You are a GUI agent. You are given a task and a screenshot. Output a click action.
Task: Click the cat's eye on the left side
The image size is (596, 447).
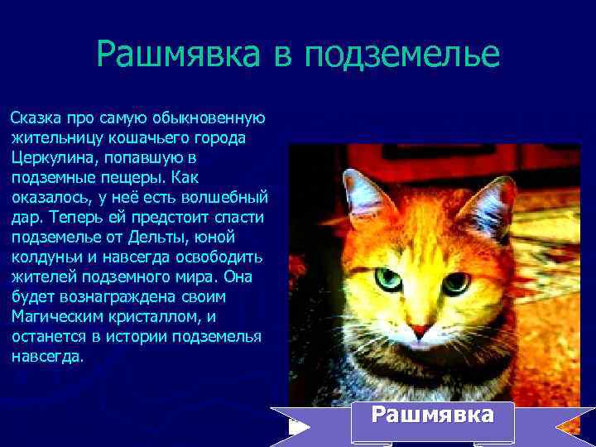(387, 279)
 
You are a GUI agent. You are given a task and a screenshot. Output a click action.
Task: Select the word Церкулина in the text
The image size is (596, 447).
(49, 156)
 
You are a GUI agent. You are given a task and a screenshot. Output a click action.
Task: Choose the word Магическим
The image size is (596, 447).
(52, 316)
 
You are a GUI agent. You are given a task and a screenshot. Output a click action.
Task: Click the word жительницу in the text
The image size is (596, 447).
(47, 137)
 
